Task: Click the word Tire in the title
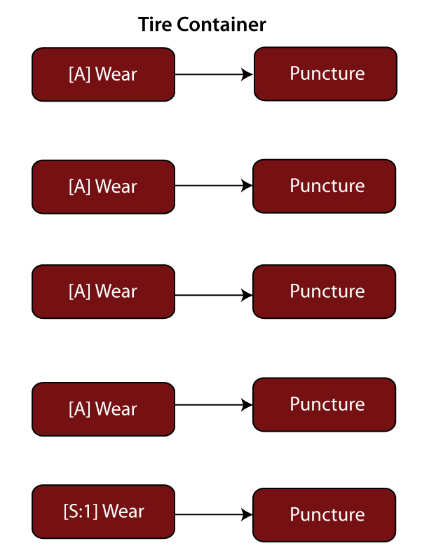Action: (155, 25)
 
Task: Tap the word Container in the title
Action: (222, 25)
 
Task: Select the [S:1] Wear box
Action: (103, 510)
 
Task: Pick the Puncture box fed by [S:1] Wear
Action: (325, 515)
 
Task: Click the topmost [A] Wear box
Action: (103, 74)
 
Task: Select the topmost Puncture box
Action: (325, 74)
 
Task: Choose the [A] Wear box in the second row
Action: (103, 186)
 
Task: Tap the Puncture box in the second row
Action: (325, 186)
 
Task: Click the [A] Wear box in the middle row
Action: (103, 291)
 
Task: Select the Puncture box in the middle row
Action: (325, 292)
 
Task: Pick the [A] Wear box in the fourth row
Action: (103, 409)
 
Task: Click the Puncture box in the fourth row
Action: (325, 404)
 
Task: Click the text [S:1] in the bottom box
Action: (81, 510)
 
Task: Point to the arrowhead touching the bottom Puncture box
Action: (247, 514)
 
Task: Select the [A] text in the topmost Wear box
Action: (80, 74)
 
